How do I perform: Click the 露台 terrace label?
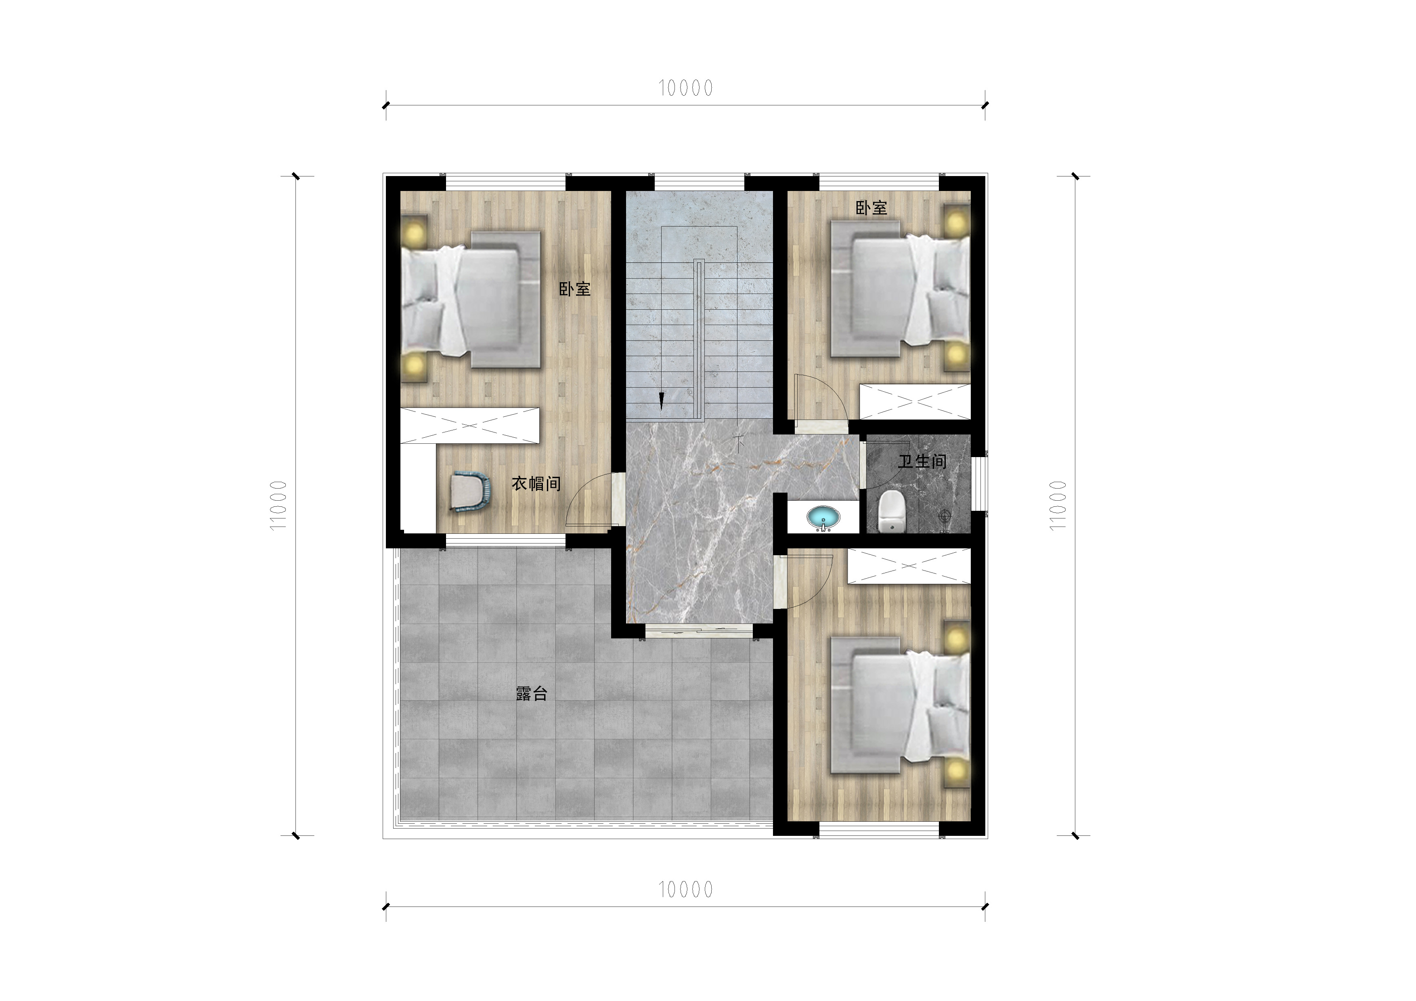[x=532, y=694]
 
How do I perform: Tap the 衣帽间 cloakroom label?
[x=536, y=483]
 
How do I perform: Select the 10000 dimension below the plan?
[x=685, y=890]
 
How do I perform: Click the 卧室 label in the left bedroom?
[x=575, y=289]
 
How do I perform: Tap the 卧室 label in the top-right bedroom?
[x=871, y=208]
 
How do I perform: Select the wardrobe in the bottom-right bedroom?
[x=909, y=566]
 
